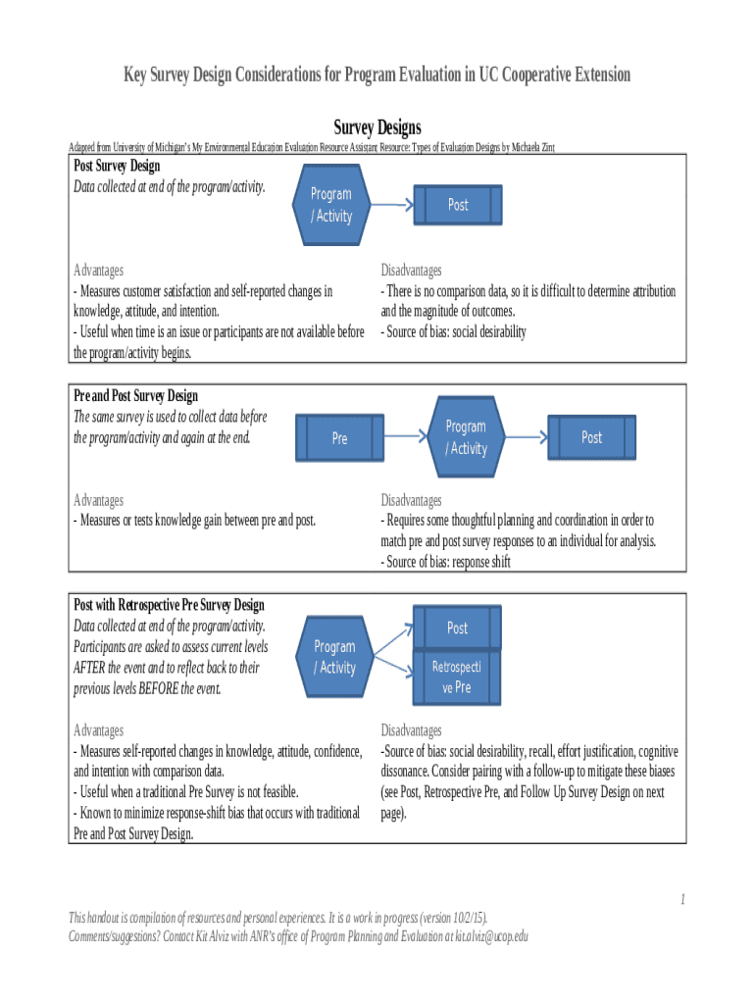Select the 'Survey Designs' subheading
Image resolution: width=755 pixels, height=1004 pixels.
[x=377, y=128]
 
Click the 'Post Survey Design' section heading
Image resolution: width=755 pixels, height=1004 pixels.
[x=117, y=166]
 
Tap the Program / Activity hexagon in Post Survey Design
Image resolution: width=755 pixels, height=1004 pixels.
[x=331, y=205]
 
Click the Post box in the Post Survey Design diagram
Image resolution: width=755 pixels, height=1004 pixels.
[x=457, y=205]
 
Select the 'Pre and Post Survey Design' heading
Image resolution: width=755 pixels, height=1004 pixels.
[x=136, y=395]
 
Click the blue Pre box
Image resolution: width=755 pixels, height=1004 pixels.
[x=339, y=438]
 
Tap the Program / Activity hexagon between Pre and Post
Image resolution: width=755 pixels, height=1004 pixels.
[x=466, y=437]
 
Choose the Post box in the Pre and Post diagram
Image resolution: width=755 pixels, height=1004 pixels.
[x=591, y=437]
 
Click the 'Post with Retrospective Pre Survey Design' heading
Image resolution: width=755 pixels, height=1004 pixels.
[x=170, y=605]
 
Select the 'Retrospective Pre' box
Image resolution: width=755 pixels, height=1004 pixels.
[x=456, y=678]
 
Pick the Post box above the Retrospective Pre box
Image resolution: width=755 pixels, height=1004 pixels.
[x=457, y=627]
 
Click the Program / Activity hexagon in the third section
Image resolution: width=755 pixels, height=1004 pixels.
[x=334, y=657]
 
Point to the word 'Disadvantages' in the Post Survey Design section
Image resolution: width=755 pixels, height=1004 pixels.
[x=411, y=270]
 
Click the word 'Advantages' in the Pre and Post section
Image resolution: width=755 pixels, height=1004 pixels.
[x=99, y=500]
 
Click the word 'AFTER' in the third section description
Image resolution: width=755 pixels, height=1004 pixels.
[x=90, y=668]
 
